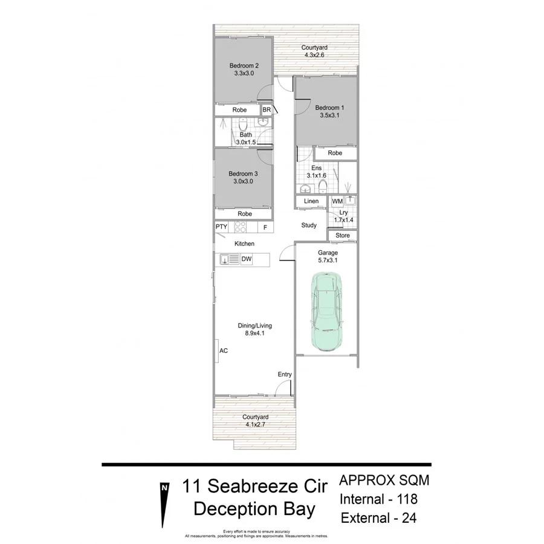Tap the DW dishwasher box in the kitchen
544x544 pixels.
pyautogui.click(x=247, y=260)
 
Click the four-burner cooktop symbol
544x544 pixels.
pyautogui.click(x=240, y=227)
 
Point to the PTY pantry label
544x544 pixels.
pyautogui.click(x=221, y=227)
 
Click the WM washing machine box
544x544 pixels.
pyautogui.click(x=337, y=201)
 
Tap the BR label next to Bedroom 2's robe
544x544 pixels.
pyautogui.click(x=267, y=110)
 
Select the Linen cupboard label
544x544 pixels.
pyautogui.click(x=311, y=201)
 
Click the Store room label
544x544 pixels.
pyautogui.click(x=343, y=235)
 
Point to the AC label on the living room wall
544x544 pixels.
pyautogui.click(x=223, y=351)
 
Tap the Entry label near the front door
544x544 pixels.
pyautogui.click(x=285, y=375)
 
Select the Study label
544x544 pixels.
pyautogui.click(x=309, y=225)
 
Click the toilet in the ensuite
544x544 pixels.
pyautogui.click(x=323, y=186)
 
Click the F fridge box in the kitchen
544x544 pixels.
pyautogui.click(x=265, y=227)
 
